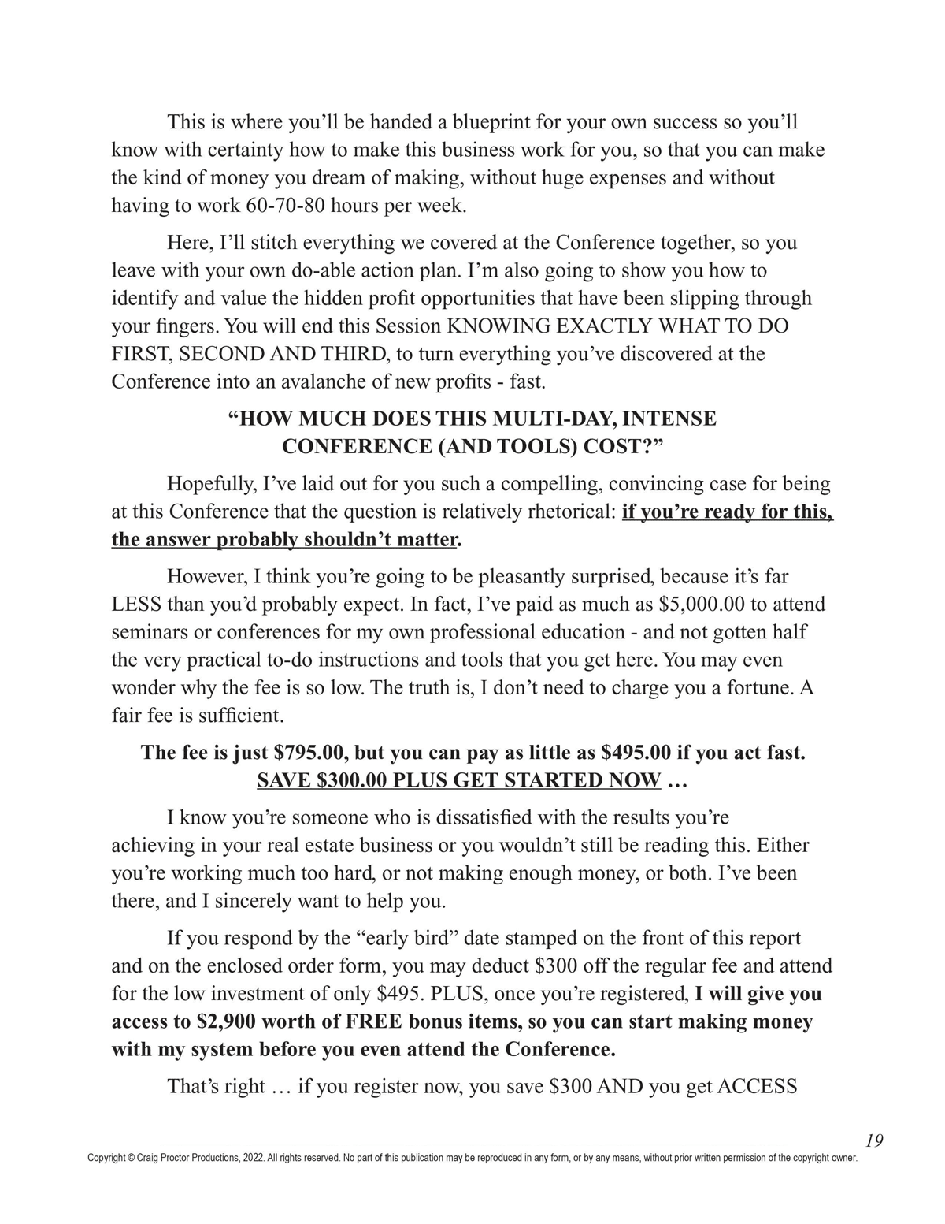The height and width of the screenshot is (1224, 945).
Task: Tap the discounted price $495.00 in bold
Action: [636, 752]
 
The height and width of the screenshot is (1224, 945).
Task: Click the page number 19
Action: [873, 1140]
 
